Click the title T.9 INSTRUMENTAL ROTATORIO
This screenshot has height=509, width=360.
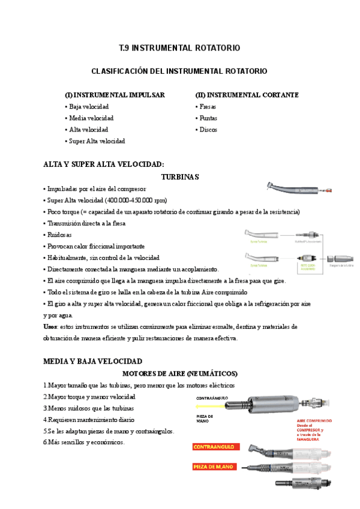point(179,47)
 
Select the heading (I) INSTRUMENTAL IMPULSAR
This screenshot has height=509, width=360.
point(115,95)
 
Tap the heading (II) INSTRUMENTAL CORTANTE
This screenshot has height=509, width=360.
point(247,95)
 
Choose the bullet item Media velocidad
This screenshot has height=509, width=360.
point(91,118)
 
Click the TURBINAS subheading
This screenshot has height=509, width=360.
point(180,177)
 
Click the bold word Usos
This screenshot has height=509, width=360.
point(51,327)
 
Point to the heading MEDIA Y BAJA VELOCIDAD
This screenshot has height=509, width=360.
point(93,361)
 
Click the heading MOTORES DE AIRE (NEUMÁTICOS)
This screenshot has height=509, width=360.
point(180,373)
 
